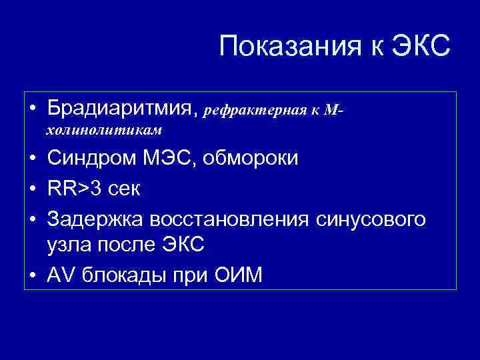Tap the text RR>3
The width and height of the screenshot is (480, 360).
tap(73, 189)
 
